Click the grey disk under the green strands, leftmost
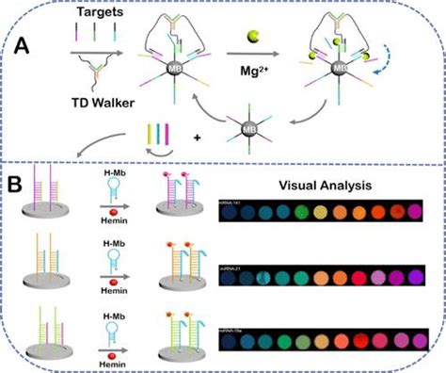point(52,365)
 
